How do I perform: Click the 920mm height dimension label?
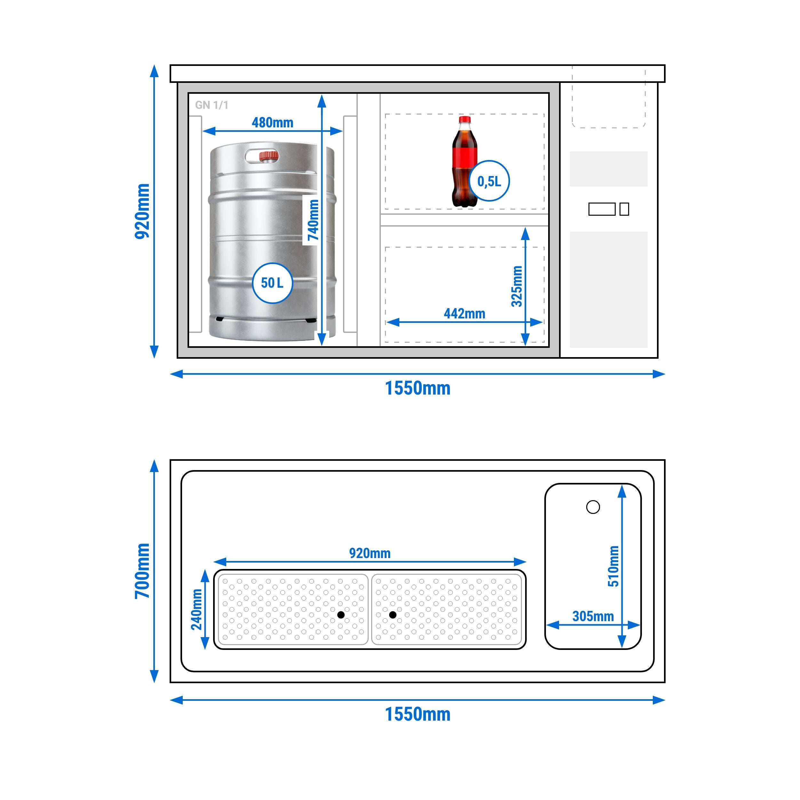coord(142,211)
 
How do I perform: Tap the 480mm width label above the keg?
coord(272,123)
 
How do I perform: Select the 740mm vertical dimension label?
coord(313,220)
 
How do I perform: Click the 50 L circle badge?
coord(272,283)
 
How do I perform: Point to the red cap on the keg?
coord(269,156)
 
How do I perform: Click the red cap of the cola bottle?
coord(465,119)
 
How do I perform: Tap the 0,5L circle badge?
coord(490,181)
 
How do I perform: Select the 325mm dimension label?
coord(516,286)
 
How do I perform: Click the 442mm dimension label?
coord(464,314)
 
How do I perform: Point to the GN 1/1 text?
coord(212,105)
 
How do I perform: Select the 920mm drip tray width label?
coord(370,553)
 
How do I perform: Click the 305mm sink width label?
coord(593,616)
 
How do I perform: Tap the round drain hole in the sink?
coord(593,507)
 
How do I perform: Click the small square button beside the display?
coord(624,209)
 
